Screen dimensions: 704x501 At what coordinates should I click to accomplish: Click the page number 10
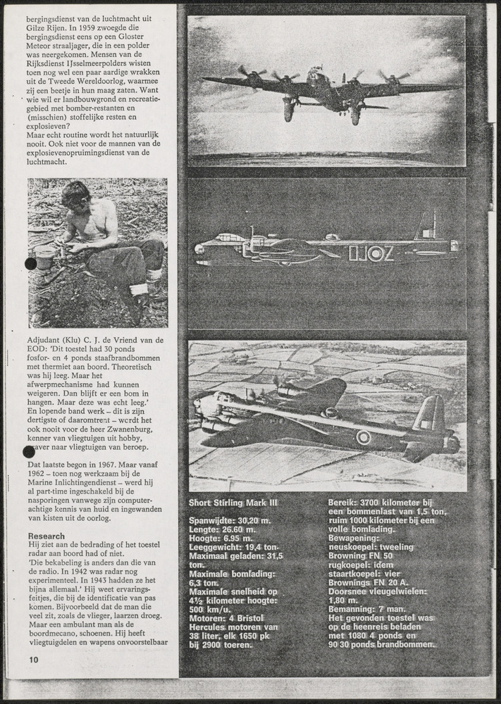point(34,660)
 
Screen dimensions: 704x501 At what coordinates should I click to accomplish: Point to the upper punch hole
point(30,263)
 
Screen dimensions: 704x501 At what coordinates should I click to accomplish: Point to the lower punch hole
point(30,451)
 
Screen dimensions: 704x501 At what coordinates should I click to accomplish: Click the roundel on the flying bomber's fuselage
point(363,437)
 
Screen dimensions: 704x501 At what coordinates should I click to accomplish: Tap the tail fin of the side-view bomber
point(426,227)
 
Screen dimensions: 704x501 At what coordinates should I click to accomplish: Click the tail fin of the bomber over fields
point(428,415)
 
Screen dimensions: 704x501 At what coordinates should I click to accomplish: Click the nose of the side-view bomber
point(199,248)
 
